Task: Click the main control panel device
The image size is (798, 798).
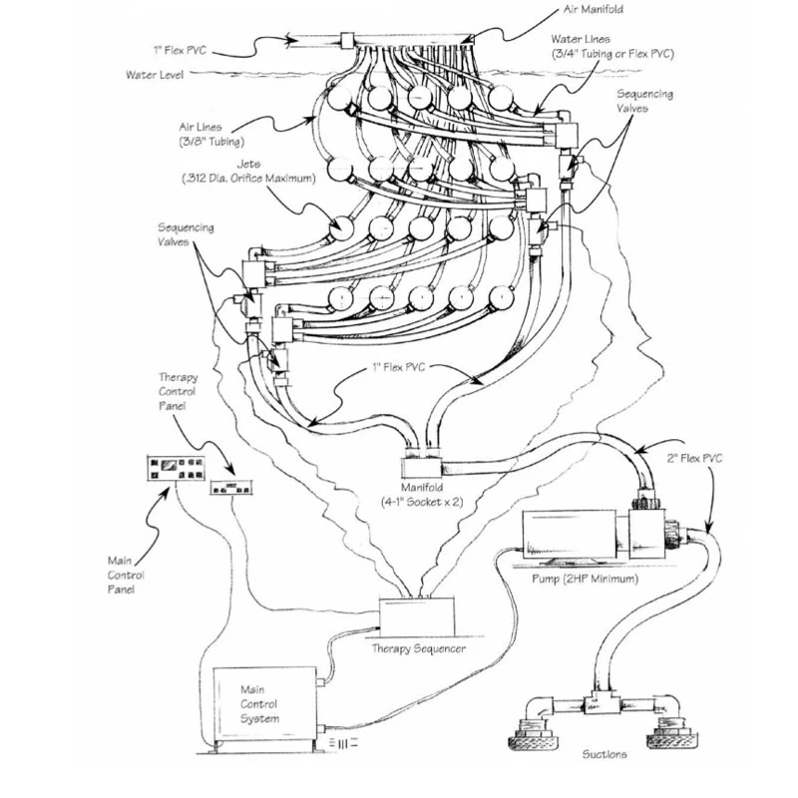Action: pos(174,467)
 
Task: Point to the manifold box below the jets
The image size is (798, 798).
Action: pos(426,467)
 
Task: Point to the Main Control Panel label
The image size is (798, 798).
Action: pos(126,576)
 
